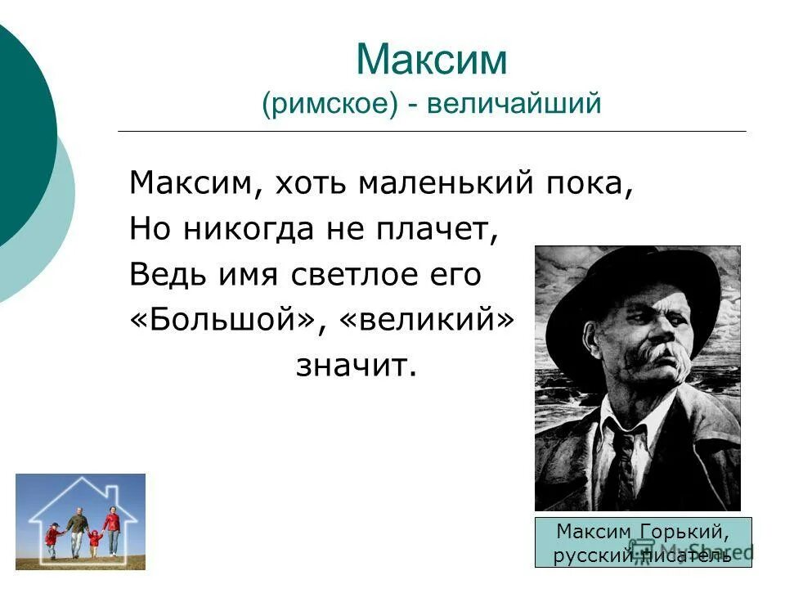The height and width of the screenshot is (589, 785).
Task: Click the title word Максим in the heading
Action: (x=432, y=61)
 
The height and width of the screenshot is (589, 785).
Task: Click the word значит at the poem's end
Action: (x=356, y=366)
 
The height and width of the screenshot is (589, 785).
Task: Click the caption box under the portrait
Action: (x=643, y=542)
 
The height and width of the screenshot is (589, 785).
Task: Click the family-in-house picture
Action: (x=80, y=522)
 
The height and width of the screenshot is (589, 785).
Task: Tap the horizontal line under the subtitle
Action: (x=432, y=131)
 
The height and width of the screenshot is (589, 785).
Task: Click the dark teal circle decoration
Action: (x=20, y=139)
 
